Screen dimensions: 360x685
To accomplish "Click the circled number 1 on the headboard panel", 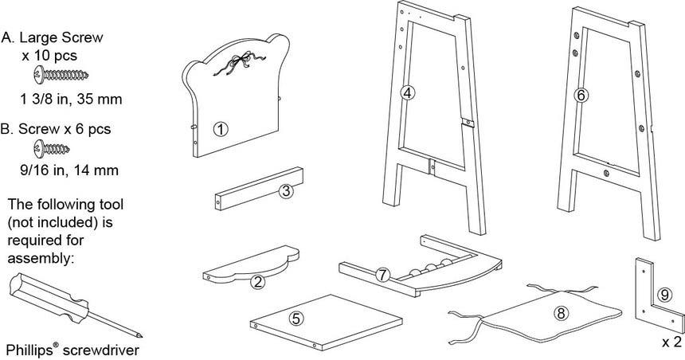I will tap(221, 127).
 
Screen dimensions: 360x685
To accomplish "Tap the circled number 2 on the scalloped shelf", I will tap(257, 280).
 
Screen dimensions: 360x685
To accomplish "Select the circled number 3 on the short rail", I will tap(285, 190).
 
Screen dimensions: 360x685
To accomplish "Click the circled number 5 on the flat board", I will tap(296, 318).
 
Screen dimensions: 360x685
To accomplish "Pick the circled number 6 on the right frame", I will tap(581, 95).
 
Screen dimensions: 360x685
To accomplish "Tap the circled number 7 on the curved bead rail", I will tap(382, 275).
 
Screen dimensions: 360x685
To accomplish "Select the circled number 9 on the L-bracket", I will tap(663, 294).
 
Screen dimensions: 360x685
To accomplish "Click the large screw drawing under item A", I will tap(61, 76).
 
